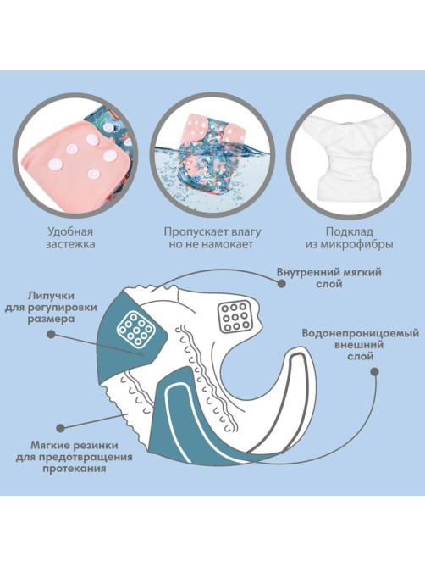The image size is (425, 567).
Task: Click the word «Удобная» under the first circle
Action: tap(70, 231)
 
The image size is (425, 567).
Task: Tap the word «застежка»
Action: tap(70, 244)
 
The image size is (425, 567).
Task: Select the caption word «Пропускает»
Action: tap(196, 231)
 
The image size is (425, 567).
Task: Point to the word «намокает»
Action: tap(227, 244)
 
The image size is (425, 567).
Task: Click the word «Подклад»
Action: tap(349, 231)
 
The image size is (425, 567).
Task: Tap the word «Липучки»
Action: tap(51, 296)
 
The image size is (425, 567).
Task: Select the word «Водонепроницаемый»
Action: tap(361, 333)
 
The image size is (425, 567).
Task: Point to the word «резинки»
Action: tap(97, 445)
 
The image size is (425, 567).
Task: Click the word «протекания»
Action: tap(74, 469)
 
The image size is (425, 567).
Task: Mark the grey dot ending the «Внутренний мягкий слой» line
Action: tap(282, 284)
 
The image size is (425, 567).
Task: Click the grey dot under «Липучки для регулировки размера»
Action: tap(51, 335)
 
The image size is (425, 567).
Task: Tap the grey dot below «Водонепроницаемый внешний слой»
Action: tap(375, 372)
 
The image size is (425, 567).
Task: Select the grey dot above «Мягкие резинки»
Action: tap(61, 429)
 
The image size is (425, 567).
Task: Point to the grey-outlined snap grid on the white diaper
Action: tap(235, 316)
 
